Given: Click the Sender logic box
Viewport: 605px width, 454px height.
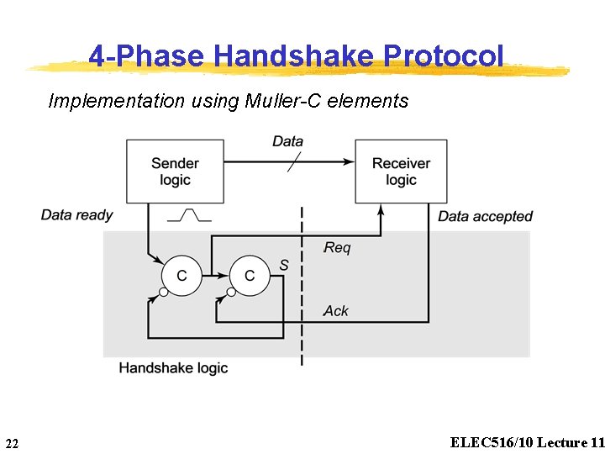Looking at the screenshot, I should [x=175, y=172].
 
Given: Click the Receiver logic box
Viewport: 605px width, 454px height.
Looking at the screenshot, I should [x=401, y=172].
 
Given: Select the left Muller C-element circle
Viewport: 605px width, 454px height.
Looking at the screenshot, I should [x=181, y=275].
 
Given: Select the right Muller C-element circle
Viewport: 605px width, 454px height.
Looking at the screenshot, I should [x=250, y=275].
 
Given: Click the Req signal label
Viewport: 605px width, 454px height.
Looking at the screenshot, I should [x=337, y=248].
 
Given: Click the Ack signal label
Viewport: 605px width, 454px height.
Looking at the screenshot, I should [x=336, y=311].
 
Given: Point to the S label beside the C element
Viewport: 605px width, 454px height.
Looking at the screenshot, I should [x=284, y=266].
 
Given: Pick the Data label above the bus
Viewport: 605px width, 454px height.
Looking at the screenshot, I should [x=287, y=141].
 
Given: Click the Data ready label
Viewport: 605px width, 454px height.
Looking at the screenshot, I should [x=76, y=215].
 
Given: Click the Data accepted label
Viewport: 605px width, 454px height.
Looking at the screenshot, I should [x=485, y=217].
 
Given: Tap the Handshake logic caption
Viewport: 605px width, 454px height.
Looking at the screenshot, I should [x=173, y=367].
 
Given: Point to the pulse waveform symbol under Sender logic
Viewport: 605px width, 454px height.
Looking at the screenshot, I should [x=189, y=216].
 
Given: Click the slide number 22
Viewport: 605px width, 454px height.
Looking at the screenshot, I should [x=12, y=443].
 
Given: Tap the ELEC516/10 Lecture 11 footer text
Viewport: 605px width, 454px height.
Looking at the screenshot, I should [x=527, y=442].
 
